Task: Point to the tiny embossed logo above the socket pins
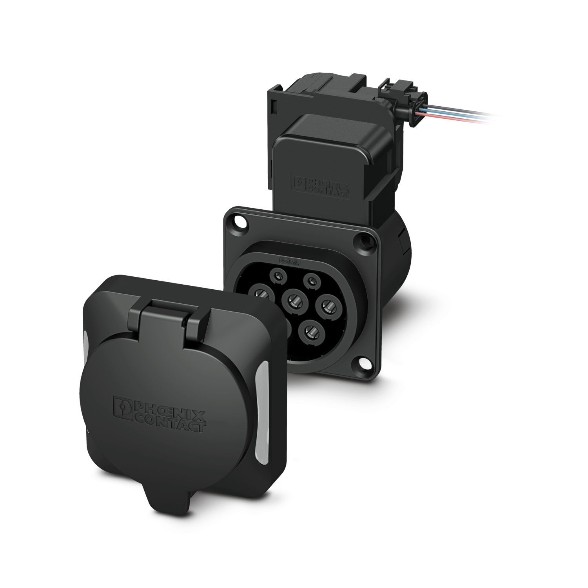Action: tap(289, 260)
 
